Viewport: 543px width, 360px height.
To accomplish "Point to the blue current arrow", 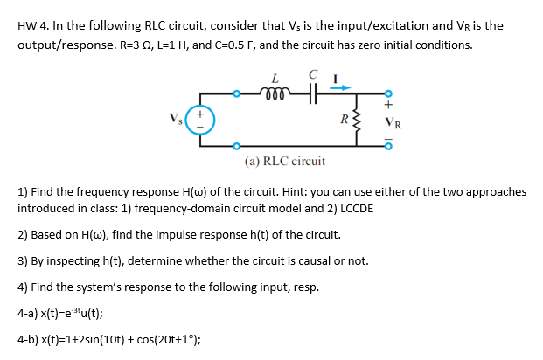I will coord(339,85).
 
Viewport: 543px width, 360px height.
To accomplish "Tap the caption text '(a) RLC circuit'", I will coord(285,161).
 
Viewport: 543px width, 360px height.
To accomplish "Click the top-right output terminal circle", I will coord(389,91).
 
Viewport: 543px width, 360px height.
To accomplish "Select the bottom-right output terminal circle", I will coord(389,146).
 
